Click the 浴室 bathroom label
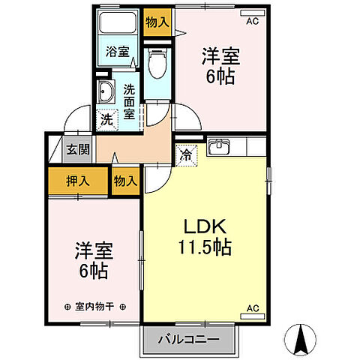click(x=117, y=53)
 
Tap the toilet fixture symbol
click(x=157, y=63)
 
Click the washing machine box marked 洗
click(x=107, y=118)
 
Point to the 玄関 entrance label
click(x=73, y=149)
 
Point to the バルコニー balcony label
click(x=188, y=340)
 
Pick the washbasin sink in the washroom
click(x=105, y=93)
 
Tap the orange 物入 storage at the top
click(x=157, y=22)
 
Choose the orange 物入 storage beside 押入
click(x=125, y=181)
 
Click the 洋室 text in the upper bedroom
click(x=220, y=55)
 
